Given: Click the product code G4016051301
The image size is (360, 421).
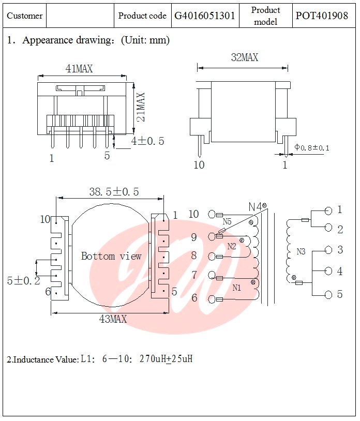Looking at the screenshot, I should point(205,16).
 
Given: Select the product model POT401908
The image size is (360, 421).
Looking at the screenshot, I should point(322,16).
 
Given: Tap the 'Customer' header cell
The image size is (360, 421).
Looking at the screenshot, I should point(25,16).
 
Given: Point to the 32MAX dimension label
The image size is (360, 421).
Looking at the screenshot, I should point(244,58).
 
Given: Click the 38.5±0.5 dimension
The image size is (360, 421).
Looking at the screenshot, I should point(114,192).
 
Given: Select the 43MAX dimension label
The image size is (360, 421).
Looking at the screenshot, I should point(113,319).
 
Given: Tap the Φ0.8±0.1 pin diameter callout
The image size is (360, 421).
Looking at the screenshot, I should point(312,148).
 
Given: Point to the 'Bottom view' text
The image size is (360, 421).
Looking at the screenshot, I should point(111,256).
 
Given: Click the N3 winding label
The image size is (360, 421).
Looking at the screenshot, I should point(301,252).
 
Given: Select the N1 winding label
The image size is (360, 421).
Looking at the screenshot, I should point(236,288).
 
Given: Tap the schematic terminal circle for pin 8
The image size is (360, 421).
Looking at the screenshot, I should point(212,256).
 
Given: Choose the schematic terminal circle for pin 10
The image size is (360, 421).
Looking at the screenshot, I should point(212,214).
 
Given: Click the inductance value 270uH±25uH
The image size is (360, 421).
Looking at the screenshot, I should point(166,359).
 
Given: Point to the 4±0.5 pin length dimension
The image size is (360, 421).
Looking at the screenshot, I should point(147,141).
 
